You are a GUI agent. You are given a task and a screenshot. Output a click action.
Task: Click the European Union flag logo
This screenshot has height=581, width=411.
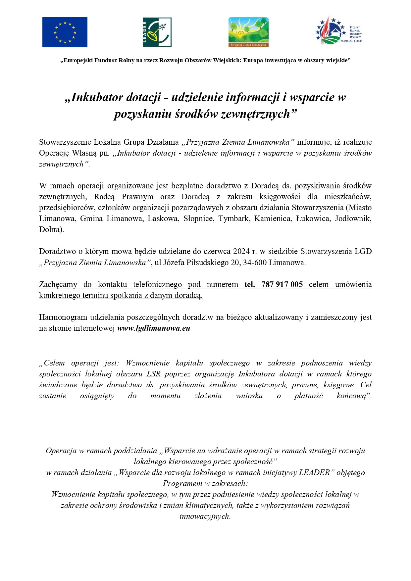65,32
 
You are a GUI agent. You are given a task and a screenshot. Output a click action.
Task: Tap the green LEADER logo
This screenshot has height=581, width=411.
157,32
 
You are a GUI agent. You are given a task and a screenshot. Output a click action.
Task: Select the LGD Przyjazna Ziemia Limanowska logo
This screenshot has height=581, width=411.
248,32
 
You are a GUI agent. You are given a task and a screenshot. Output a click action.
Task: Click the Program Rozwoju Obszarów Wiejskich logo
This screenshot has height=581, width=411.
338,31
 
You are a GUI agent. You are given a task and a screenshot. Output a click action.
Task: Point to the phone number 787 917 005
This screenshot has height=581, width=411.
282,284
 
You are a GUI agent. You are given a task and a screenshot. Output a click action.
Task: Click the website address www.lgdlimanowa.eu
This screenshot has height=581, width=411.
154,328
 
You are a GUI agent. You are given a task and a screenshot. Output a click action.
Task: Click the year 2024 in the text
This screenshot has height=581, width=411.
241,251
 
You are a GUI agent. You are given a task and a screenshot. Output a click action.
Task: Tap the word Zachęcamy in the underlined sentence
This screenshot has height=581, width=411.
58,284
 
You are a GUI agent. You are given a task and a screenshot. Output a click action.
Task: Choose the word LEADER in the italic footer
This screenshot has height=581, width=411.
314,472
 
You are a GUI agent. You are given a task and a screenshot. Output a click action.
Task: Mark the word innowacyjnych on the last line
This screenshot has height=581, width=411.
204,516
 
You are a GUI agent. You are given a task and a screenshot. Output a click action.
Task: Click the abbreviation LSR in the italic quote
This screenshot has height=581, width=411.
153,374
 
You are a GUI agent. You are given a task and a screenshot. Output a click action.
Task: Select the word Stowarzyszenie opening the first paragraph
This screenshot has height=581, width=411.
65,142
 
